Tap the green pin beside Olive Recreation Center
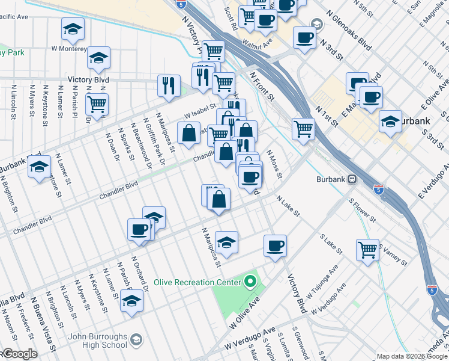(x=250, y=281)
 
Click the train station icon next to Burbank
(x=354, y=179)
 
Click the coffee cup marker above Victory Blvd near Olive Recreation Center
(x=275, y=245)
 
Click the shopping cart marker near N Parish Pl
(x=97, y=104)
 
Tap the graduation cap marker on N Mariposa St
(x=226, y=242)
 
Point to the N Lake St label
(x=288, y=205)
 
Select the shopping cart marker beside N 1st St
(x=304, y=128)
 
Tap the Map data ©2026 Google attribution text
(x=412, y=356)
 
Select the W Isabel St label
(x=200, y=108)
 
